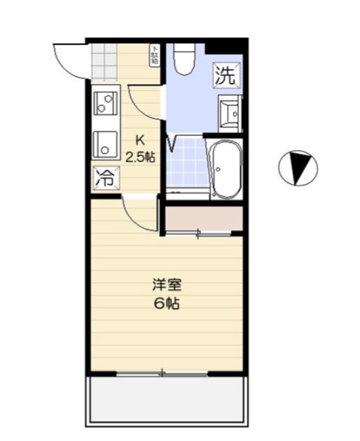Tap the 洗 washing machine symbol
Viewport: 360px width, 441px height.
click(x=225, y=75)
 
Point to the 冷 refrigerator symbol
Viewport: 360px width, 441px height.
click(x=105, y=176)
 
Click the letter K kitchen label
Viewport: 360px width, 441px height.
click(x=140, y=140)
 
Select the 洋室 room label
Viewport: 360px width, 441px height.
click(x=167, y=285)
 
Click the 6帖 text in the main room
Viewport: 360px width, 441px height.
click(x=167, y=304)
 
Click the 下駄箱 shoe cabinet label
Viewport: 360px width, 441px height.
click(x=154, y=55)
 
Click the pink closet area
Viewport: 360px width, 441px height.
click(x=201, y=220)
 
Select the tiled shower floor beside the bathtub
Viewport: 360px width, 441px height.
click(x=187, y=165)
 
